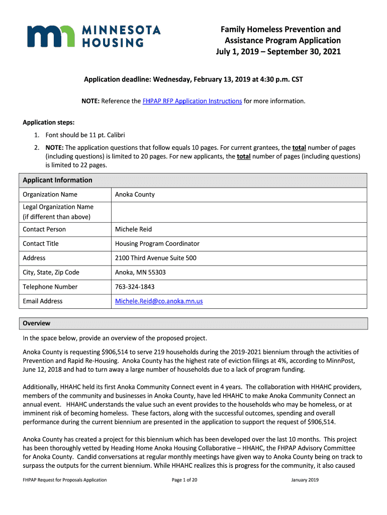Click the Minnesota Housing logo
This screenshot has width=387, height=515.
point(93,36)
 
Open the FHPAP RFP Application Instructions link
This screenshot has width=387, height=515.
point(192,101)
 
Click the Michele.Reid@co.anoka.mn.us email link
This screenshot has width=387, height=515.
point(159,301)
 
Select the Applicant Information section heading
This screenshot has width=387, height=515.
point(58,180)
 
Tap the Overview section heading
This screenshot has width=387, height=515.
point(37,323)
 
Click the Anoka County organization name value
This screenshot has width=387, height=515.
point(135,195)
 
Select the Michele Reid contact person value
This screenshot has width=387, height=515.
point(133,229)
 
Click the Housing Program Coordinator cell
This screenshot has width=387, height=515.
point(157,244)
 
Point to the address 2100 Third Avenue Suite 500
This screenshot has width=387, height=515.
point(156,258)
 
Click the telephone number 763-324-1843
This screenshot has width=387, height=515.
point(135,287)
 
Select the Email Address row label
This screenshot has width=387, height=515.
point(43,301)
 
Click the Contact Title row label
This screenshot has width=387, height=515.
point(41,244)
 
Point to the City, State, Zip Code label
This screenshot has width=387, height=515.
point(51,273)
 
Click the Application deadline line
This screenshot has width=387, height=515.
point(193,80)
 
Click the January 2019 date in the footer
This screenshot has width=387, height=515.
point(305,480)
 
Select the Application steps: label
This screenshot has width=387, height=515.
point(48,122)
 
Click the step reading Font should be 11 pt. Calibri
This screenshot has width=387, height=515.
point(85,135)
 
